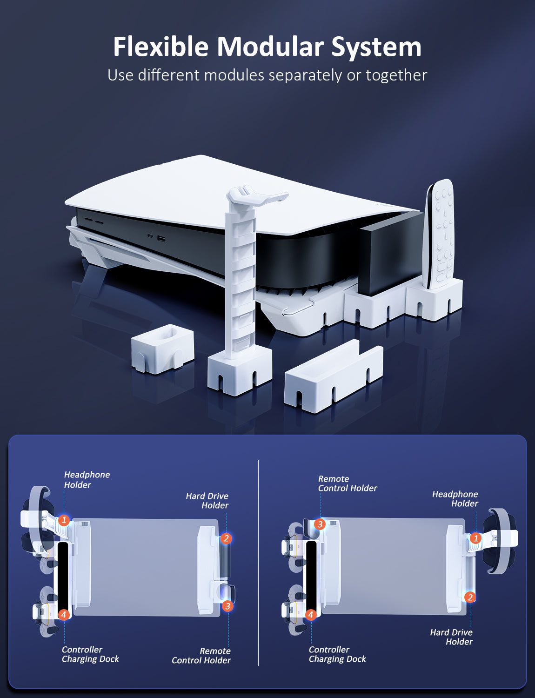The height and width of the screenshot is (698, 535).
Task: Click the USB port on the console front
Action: point(161,239)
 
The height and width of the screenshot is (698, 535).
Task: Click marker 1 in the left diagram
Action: point(64,520)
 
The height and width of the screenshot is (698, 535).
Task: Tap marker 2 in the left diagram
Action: point(226,538)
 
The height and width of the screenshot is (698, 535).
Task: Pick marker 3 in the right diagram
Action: point(320,524)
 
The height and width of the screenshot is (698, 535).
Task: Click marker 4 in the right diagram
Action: point(311,615)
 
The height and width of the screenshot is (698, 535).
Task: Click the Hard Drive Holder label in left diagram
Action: point(207,501)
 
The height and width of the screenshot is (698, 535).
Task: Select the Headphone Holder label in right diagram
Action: point(455,499)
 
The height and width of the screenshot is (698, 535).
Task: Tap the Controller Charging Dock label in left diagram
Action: point(90,654)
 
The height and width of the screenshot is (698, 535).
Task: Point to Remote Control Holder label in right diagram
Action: point(347,483)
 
